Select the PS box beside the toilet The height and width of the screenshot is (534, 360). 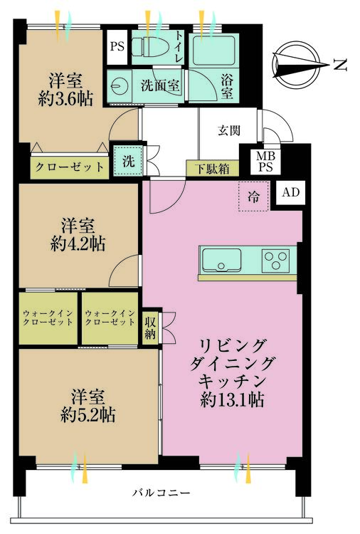click(x=117, y=48)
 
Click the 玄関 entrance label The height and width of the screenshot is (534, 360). click(x=229, y=130)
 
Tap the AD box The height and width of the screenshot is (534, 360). click(x=290, y=192)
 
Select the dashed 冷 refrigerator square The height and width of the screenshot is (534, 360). click(x=253, y=196)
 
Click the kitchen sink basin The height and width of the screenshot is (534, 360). click(x=221, y=261)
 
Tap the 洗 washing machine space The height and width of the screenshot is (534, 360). click(x=127, y=160)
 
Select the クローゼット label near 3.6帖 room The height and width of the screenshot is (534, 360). click(x=69, y=167)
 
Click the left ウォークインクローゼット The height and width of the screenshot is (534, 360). click(x=48, y=318)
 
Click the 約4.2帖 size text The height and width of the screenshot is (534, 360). click(x=78, y=244)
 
